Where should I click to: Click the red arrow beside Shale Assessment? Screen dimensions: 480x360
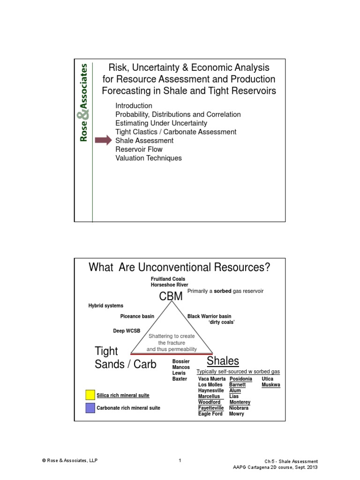coord(103,141)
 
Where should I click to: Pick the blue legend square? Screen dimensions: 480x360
coord(90,408)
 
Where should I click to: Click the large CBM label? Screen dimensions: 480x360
coord(171,297)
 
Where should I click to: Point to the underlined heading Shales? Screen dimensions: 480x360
coord(223,361)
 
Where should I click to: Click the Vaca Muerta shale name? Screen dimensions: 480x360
coord(211,379)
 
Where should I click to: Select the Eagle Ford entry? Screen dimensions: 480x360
coord(210,414)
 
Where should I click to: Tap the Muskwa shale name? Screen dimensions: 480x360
coord(271,385)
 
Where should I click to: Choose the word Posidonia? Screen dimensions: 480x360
coord(240,379)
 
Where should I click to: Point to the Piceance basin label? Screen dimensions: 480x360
coord(137,316)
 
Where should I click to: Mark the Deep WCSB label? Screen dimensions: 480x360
coord(127,331)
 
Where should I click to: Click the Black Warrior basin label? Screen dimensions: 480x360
coord(209,316)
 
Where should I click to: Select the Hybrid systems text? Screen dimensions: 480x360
coord(106,306)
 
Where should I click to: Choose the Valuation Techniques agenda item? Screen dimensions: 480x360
coord(148,158)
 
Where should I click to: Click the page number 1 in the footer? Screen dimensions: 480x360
coord(180,461)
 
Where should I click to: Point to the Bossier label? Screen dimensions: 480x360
coord(181,361)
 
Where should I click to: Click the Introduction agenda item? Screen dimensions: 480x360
coord(134,106)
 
